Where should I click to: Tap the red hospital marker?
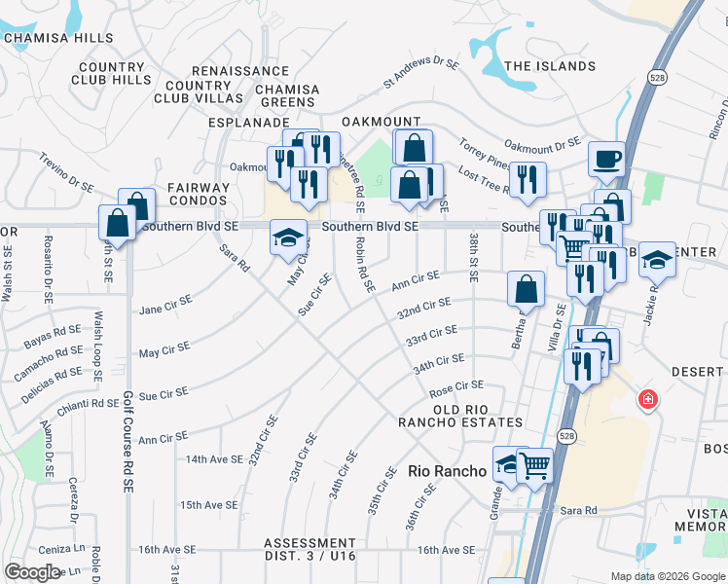(x=646, y=399)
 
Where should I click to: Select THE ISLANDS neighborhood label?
(x=550, y=66)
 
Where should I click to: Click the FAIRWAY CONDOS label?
(x=198, y=194)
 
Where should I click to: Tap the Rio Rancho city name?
(x=447, y=470)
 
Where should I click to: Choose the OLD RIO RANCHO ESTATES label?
(x=459, y=415)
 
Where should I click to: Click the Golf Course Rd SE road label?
(x=127, y=442)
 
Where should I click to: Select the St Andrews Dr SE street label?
(x=420, y=73)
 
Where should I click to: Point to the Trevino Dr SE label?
(x=66, y=171)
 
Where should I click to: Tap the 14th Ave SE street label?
(x=211, y=458)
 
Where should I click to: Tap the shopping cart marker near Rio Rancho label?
(x=534, y=465)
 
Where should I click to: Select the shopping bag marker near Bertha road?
(x=526, y=288)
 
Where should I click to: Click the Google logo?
(x=32, y=572)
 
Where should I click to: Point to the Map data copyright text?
(x=667, y=576)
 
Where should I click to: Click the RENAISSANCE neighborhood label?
(x=240, y=71)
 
